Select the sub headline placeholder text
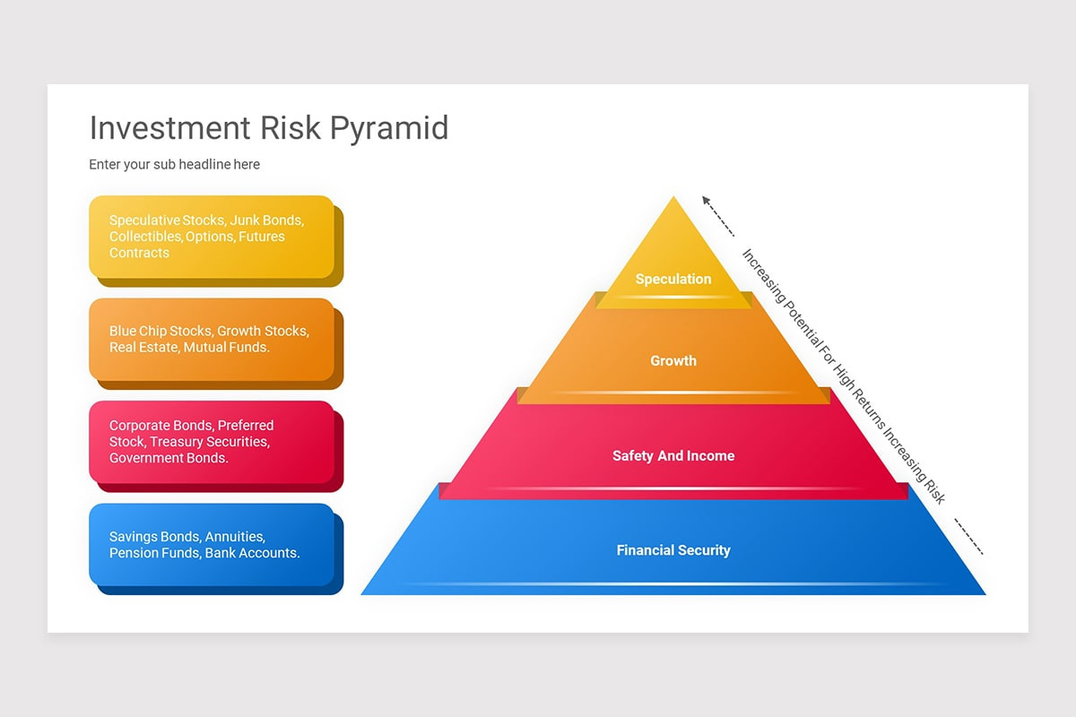click(174, 165)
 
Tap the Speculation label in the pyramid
click(673, 279)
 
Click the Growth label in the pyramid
click(673, 360)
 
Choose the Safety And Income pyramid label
click(673, 455)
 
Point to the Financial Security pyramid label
click(673, 550)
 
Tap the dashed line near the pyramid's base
click(968, 536)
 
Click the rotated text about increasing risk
click(843, 376)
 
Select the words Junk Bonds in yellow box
click(267, 220)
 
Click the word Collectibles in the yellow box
click(145, 237)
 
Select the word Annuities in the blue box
click(234, 537)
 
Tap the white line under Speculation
click(673, 297)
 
